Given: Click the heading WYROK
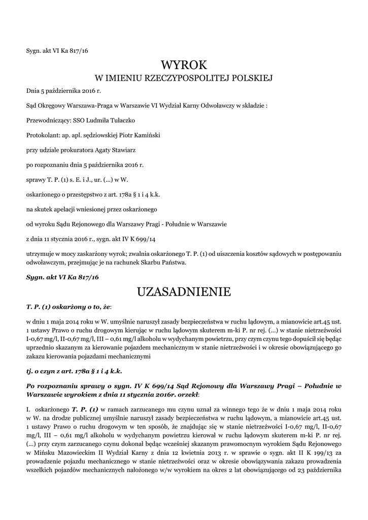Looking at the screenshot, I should pyautogui.click(x=184, y=65).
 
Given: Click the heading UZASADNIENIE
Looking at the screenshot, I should pyautogui.click(x=184, y=292).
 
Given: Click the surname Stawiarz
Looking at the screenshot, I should pyautogui.click(x=120, y=150).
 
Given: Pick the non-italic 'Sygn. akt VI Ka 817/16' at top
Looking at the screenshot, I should pyautogui.click(x=57, y=50).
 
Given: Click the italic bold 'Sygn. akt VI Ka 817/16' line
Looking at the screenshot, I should pyautogui.click(x=62, y=277).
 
